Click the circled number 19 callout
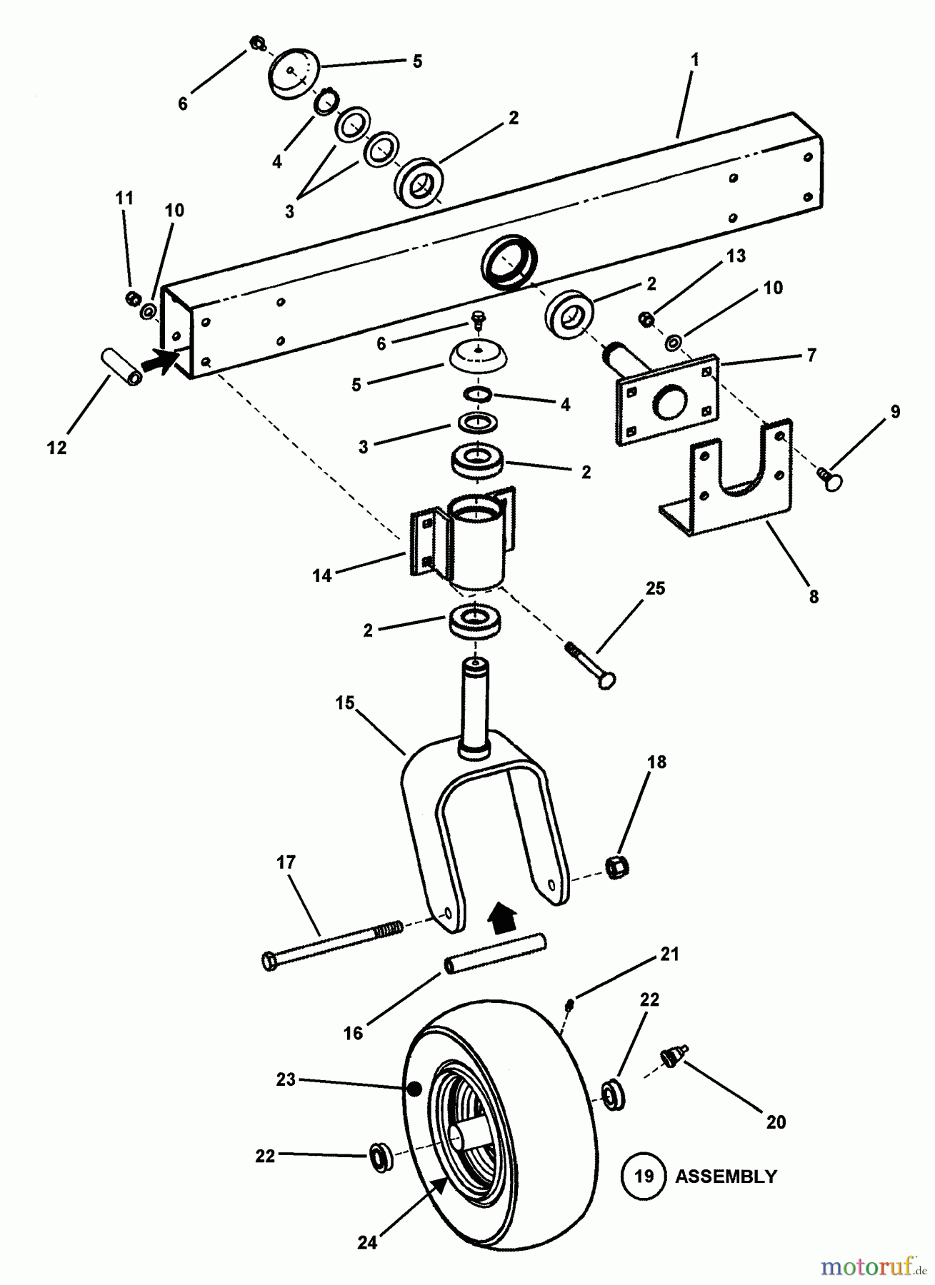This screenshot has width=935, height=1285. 644,1175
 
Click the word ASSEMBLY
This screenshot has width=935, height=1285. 725,1176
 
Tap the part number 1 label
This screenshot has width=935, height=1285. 694,60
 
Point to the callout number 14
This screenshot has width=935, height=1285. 322,575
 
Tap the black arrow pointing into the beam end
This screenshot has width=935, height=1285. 161,360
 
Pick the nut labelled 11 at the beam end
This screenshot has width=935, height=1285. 131,296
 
